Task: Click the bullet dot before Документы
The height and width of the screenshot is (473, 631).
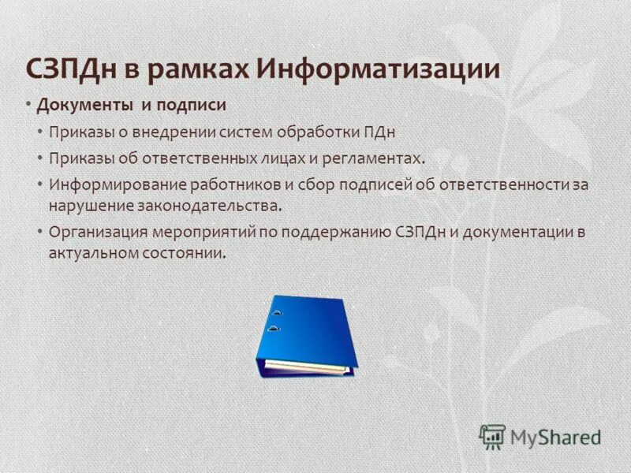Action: [x=28, y=105]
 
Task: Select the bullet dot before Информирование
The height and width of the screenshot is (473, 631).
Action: [x=40, y=184]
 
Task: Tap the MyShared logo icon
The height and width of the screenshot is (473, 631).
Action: [x=492, y=436]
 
